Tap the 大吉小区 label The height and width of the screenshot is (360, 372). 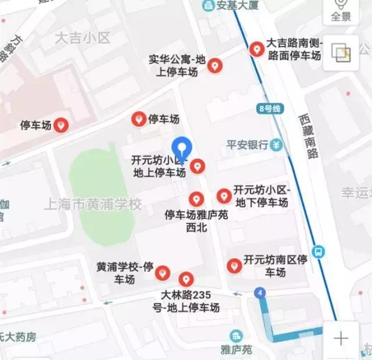(82, 39)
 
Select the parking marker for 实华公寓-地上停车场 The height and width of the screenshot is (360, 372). (214, 66)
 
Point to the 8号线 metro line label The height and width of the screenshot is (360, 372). (269, 109)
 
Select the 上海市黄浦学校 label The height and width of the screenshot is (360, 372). (93, 205)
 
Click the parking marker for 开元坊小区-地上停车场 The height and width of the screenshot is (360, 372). (198, 166)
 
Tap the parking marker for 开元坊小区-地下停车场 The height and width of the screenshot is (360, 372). (223, 195)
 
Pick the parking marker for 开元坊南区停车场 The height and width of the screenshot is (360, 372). (234, 265)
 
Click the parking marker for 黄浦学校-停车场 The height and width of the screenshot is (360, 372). (163, 272)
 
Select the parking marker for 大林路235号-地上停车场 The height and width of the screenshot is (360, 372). (186, 279)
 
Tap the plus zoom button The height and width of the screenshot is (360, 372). (341, 338)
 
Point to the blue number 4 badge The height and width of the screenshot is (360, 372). (259, 293)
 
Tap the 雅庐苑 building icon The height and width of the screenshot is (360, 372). (235, 336)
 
